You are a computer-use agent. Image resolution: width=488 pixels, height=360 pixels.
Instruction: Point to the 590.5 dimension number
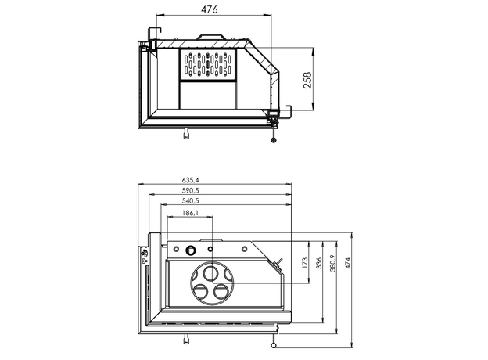coord(169,190)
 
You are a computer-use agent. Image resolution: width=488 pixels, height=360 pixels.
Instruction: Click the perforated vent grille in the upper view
coord(208,65)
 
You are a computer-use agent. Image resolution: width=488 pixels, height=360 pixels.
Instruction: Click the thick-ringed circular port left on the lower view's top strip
coord(190,250)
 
